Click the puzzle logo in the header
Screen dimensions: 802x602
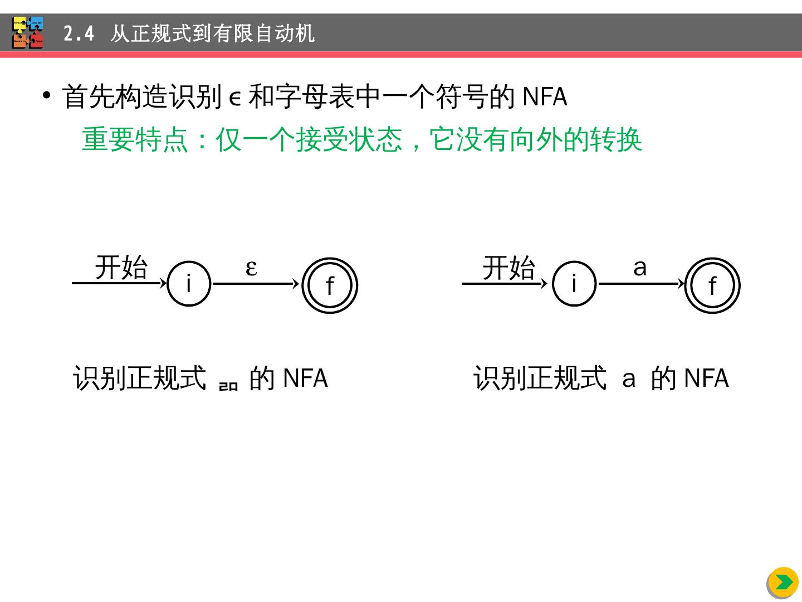[28, 33]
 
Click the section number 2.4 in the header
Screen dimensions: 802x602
[79, 34]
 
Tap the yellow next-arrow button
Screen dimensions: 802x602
[783, 582]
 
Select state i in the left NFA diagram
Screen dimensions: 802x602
[189, 284]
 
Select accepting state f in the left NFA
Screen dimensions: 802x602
[330, 285]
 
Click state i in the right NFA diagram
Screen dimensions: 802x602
[574, 284]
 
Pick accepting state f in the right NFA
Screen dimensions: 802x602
[712, 285]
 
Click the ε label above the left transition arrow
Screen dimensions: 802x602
[251, 268]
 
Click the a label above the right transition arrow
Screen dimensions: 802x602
[640, 268]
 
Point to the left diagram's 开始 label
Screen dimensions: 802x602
[121, 268]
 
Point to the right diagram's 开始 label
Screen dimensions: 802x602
[508, 268]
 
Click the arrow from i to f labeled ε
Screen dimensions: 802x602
[256, 284]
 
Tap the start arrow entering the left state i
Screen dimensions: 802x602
[119, 283]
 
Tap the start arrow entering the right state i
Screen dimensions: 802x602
[505, 283]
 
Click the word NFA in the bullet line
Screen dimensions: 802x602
[545, 97]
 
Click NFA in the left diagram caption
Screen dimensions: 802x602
[305, 378]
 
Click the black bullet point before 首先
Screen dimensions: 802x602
[47, 95]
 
